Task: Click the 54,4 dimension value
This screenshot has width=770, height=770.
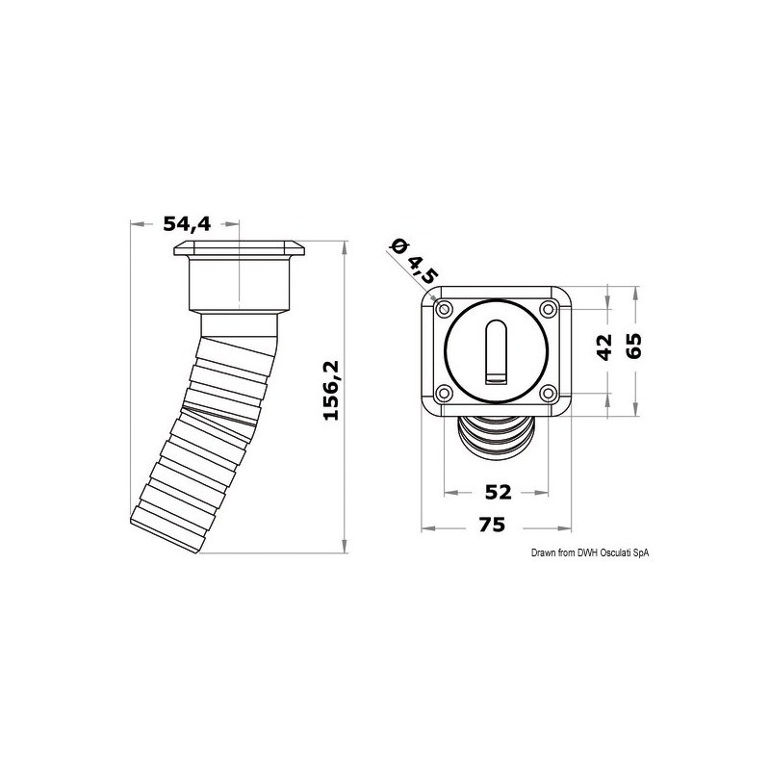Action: pyautogui.click(x=187, y=224)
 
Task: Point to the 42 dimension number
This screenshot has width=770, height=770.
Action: pyautogui.click(x=603, y=346)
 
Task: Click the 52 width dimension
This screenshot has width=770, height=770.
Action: pyautogui.click(x=497, y=492)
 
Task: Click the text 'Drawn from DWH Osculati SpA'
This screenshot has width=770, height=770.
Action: pyautogui.click(x=590, y=552)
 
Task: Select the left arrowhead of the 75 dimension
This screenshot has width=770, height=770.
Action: pyautogui.click(x=429, y=528)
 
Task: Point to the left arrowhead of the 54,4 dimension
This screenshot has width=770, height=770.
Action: pyautogui.click(x=136, y=225)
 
